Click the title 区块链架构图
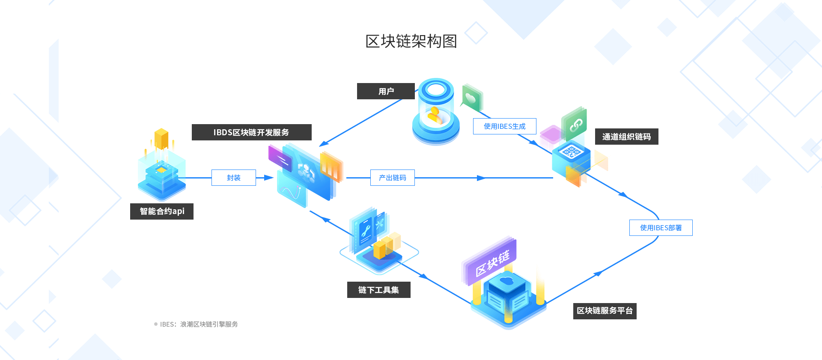coord(411,42)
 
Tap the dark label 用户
coord(386,91)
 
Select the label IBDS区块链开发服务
coord(251,132)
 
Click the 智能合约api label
coord(162,211)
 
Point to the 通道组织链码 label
coord(626,137)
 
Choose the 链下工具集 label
coord(378,290)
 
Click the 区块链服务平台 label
coord(605,311)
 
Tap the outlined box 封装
coord(234,178)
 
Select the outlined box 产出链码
coord(392,178)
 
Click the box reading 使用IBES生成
coord(504,126)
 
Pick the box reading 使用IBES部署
coord(661,228)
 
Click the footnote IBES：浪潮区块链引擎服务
coord(199,324)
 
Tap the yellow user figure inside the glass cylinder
coord(435,116)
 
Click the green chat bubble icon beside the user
coord(471,98)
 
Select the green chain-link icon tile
coord(575,125)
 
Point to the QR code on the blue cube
coord(571,151)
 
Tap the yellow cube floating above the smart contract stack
coord(161,138)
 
